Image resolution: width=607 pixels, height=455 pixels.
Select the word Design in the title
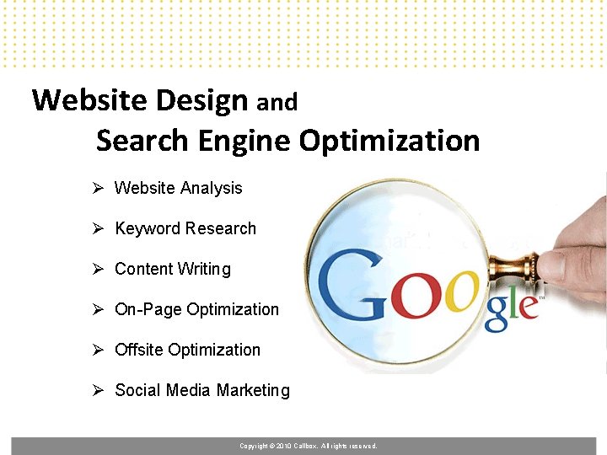[202, 100]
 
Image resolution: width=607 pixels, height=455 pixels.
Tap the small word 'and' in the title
[277, 103]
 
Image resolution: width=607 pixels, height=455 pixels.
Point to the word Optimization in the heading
[389, 140]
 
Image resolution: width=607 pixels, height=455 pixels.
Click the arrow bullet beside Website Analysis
[98, 188]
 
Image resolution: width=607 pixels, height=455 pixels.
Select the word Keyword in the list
[148, 228]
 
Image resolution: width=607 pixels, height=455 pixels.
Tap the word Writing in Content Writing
[203, 270]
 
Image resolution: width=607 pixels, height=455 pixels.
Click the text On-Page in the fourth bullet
[148, 309]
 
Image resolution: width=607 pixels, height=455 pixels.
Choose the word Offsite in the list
[139, 350]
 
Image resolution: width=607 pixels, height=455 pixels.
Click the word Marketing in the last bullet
[253, 390]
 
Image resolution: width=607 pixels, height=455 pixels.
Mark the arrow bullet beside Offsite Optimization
[98, 350]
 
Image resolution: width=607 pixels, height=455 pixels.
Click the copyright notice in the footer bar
[308, 446]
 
